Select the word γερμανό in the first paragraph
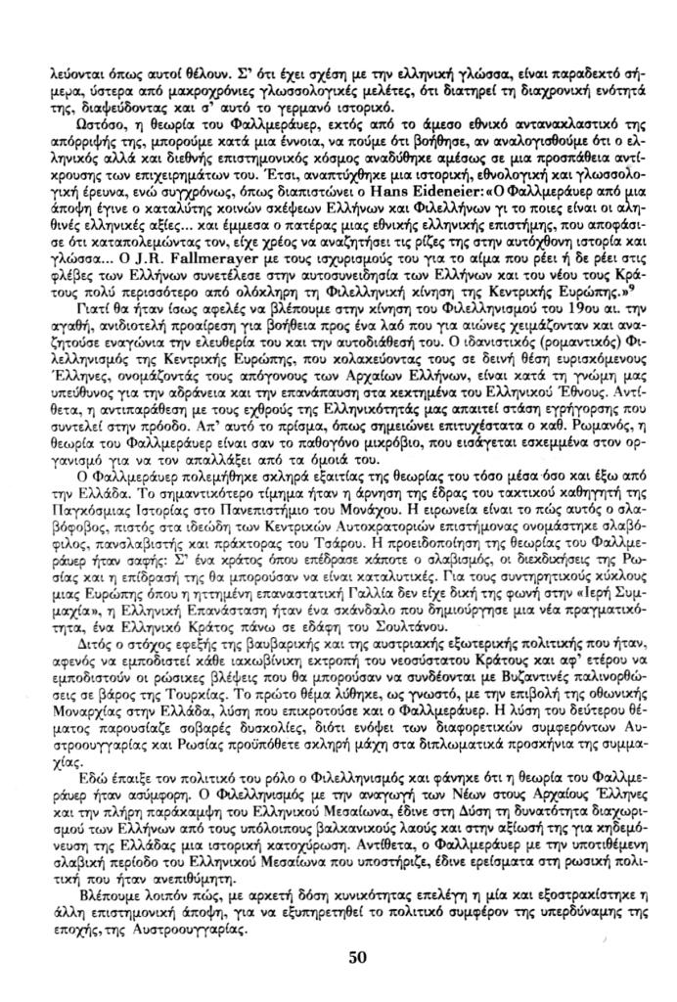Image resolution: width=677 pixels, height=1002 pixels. [266, 110]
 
